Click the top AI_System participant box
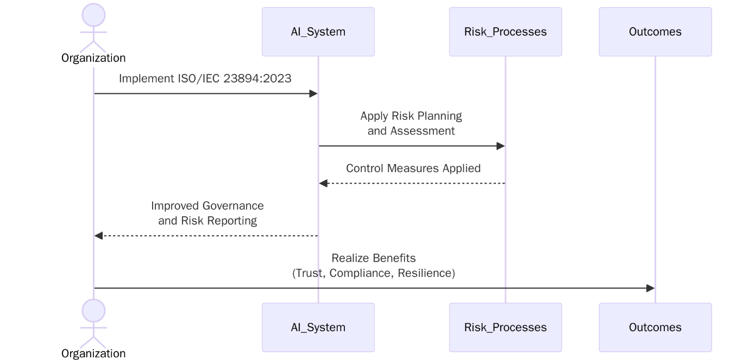pos(318,31)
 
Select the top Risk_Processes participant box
pos(505,31)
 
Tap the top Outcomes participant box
pos(655,31)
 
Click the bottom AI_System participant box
pos(318,327)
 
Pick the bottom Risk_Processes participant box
pos(505,327)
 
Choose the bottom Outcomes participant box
pos(655,327)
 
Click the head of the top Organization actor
pos(93,15)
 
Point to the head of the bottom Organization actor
pos(93,311)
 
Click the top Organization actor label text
pos(93,58)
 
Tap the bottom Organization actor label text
pos(93,353)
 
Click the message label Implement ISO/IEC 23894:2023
pos(205,79)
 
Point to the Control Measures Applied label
pos(413,168)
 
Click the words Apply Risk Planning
pos(411,116)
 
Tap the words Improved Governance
pos(207,206)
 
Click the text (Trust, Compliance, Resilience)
pos(374,273)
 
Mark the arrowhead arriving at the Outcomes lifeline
pos(650,288)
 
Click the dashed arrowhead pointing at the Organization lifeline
pos(98,236)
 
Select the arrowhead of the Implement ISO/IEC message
pos(313,94)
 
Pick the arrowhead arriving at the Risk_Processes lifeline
pos(500,146)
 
